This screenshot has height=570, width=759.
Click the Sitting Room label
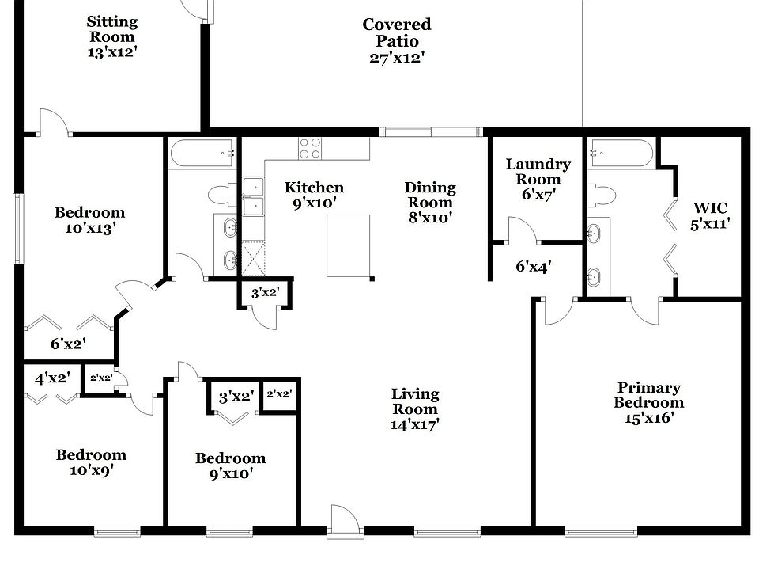click(111, 36)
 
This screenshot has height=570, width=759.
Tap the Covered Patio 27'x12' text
click(397, 41)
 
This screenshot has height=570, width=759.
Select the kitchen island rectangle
click(349, 245)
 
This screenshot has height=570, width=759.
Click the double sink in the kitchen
click(253, 197)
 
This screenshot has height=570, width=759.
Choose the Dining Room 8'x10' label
click(430, 203)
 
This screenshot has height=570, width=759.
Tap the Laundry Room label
click(538, 180)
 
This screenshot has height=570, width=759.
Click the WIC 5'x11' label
click(709, 216)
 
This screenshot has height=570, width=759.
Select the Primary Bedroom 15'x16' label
click(648, 402)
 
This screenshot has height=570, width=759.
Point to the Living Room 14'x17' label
click(415, 408)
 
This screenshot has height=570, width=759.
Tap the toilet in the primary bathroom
click(603, 195)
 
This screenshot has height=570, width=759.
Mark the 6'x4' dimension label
click(533, 267)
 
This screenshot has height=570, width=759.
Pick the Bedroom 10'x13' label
click(89, 220)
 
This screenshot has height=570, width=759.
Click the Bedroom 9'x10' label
click(230, 465)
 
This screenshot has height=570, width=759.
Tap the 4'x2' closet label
click(53, 378)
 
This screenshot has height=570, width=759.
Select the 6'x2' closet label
click(68, 344)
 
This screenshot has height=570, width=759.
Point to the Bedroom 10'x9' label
click(91, 462)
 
